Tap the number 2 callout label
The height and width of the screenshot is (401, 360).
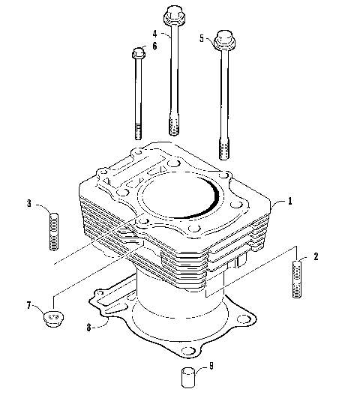point(316,256)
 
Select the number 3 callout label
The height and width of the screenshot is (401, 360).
point(28,203)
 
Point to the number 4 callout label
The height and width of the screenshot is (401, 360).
point(154,34)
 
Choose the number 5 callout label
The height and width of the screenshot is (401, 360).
point(201,37)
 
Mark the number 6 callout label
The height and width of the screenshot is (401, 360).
point(154,46)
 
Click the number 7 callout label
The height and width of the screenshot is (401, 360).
point(30,306)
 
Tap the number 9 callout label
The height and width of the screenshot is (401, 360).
point(211,366)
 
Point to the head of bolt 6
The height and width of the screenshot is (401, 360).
point(138,54)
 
